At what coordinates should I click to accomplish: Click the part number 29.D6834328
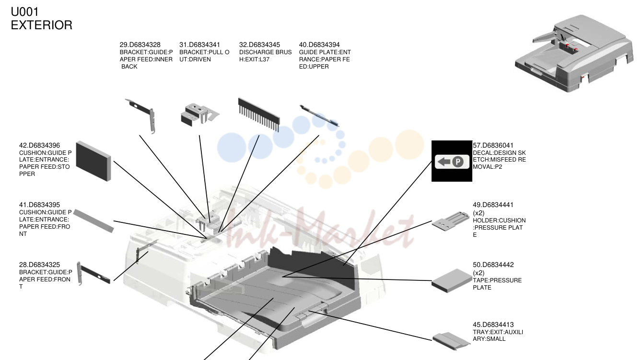click(x=140, y=45)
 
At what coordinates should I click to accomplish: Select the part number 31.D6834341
click(x=199, y=45)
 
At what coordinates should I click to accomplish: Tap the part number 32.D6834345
click(x=259, y=45)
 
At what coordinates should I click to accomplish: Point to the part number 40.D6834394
click(x=319, y=45)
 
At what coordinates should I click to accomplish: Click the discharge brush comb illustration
click(x=258, y=114)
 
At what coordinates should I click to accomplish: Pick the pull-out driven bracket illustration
click(x=200, y=115)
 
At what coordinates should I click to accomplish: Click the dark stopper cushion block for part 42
click(x=94, y=161)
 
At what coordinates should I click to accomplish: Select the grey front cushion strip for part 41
click(x=94, y=221)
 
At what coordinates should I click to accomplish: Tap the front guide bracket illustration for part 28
click(x=94, y=274)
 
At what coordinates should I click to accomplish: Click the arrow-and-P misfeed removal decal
click(x=452, y=162)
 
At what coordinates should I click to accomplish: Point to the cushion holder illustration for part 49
click(x=451, y=221)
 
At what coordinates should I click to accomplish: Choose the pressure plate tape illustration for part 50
click(x=452, y=280)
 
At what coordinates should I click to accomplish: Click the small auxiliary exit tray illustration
click(x=451, y=341)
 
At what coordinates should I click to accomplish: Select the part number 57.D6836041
click(x=493, y=146)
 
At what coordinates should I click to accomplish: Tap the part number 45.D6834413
click(x=493, y=325)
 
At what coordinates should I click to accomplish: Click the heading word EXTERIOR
click(x=42, y=25)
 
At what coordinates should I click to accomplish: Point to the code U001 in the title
click(x=24, y=12)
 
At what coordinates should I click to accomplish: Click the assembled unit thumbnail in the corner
click(x=574, y=53)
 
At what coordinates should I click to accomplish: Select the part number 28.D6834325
click(x=40, y=265)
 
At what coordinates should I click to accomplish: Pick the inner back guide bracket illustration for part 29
click(x=140, y=116)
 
